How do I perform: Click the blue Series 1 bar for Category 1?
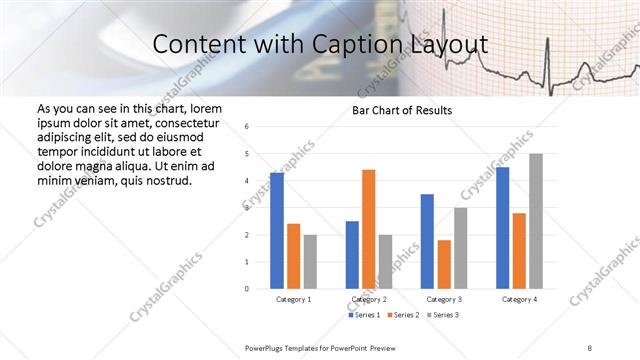[277, 231]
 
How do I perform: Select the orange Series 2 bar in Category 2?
[368, 229]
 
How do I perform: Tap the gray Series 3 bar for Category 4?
[536, 221]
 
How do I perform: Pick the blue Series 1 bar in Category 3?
[427, 241]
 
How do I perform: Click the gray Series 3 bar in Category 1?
[310, 261]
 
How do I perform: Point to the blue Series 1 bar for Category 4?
[502, 228]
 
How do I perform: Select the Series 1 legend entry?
[364, 315]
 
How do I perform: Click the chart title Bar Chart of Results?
[402, 110]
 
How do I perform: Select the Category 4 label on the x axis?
[519, 299]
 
